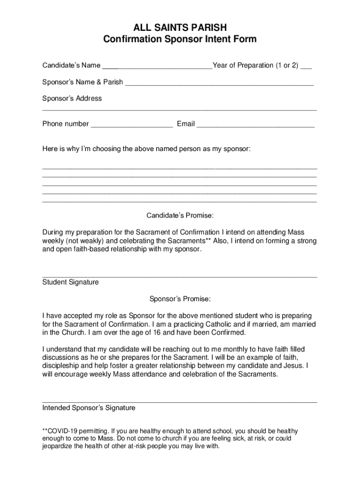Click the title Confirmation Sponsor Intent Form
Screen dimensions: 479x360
[x=180, y=39]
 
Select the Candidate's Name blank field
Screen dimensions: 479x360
[x=157, y=66]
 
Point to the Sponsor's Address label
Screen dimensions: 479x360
[x=72, y=98]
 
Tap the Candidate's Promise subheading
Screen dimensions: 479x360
[x=180, y=216]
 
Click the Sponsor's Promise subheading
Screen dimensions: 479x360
[x=180, y=298]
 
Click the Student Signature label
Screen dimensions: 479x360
[x=71, y=282]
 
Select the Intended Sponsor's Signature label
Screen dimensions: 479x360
[x=89, y=407]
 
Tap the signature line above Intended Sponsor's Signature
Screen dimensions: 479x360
[x=180, y=402]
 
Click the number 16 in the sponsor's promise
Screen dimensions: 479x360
[x=156, y=333]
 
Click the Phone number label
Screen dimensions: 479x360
[x=65, y=124]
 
